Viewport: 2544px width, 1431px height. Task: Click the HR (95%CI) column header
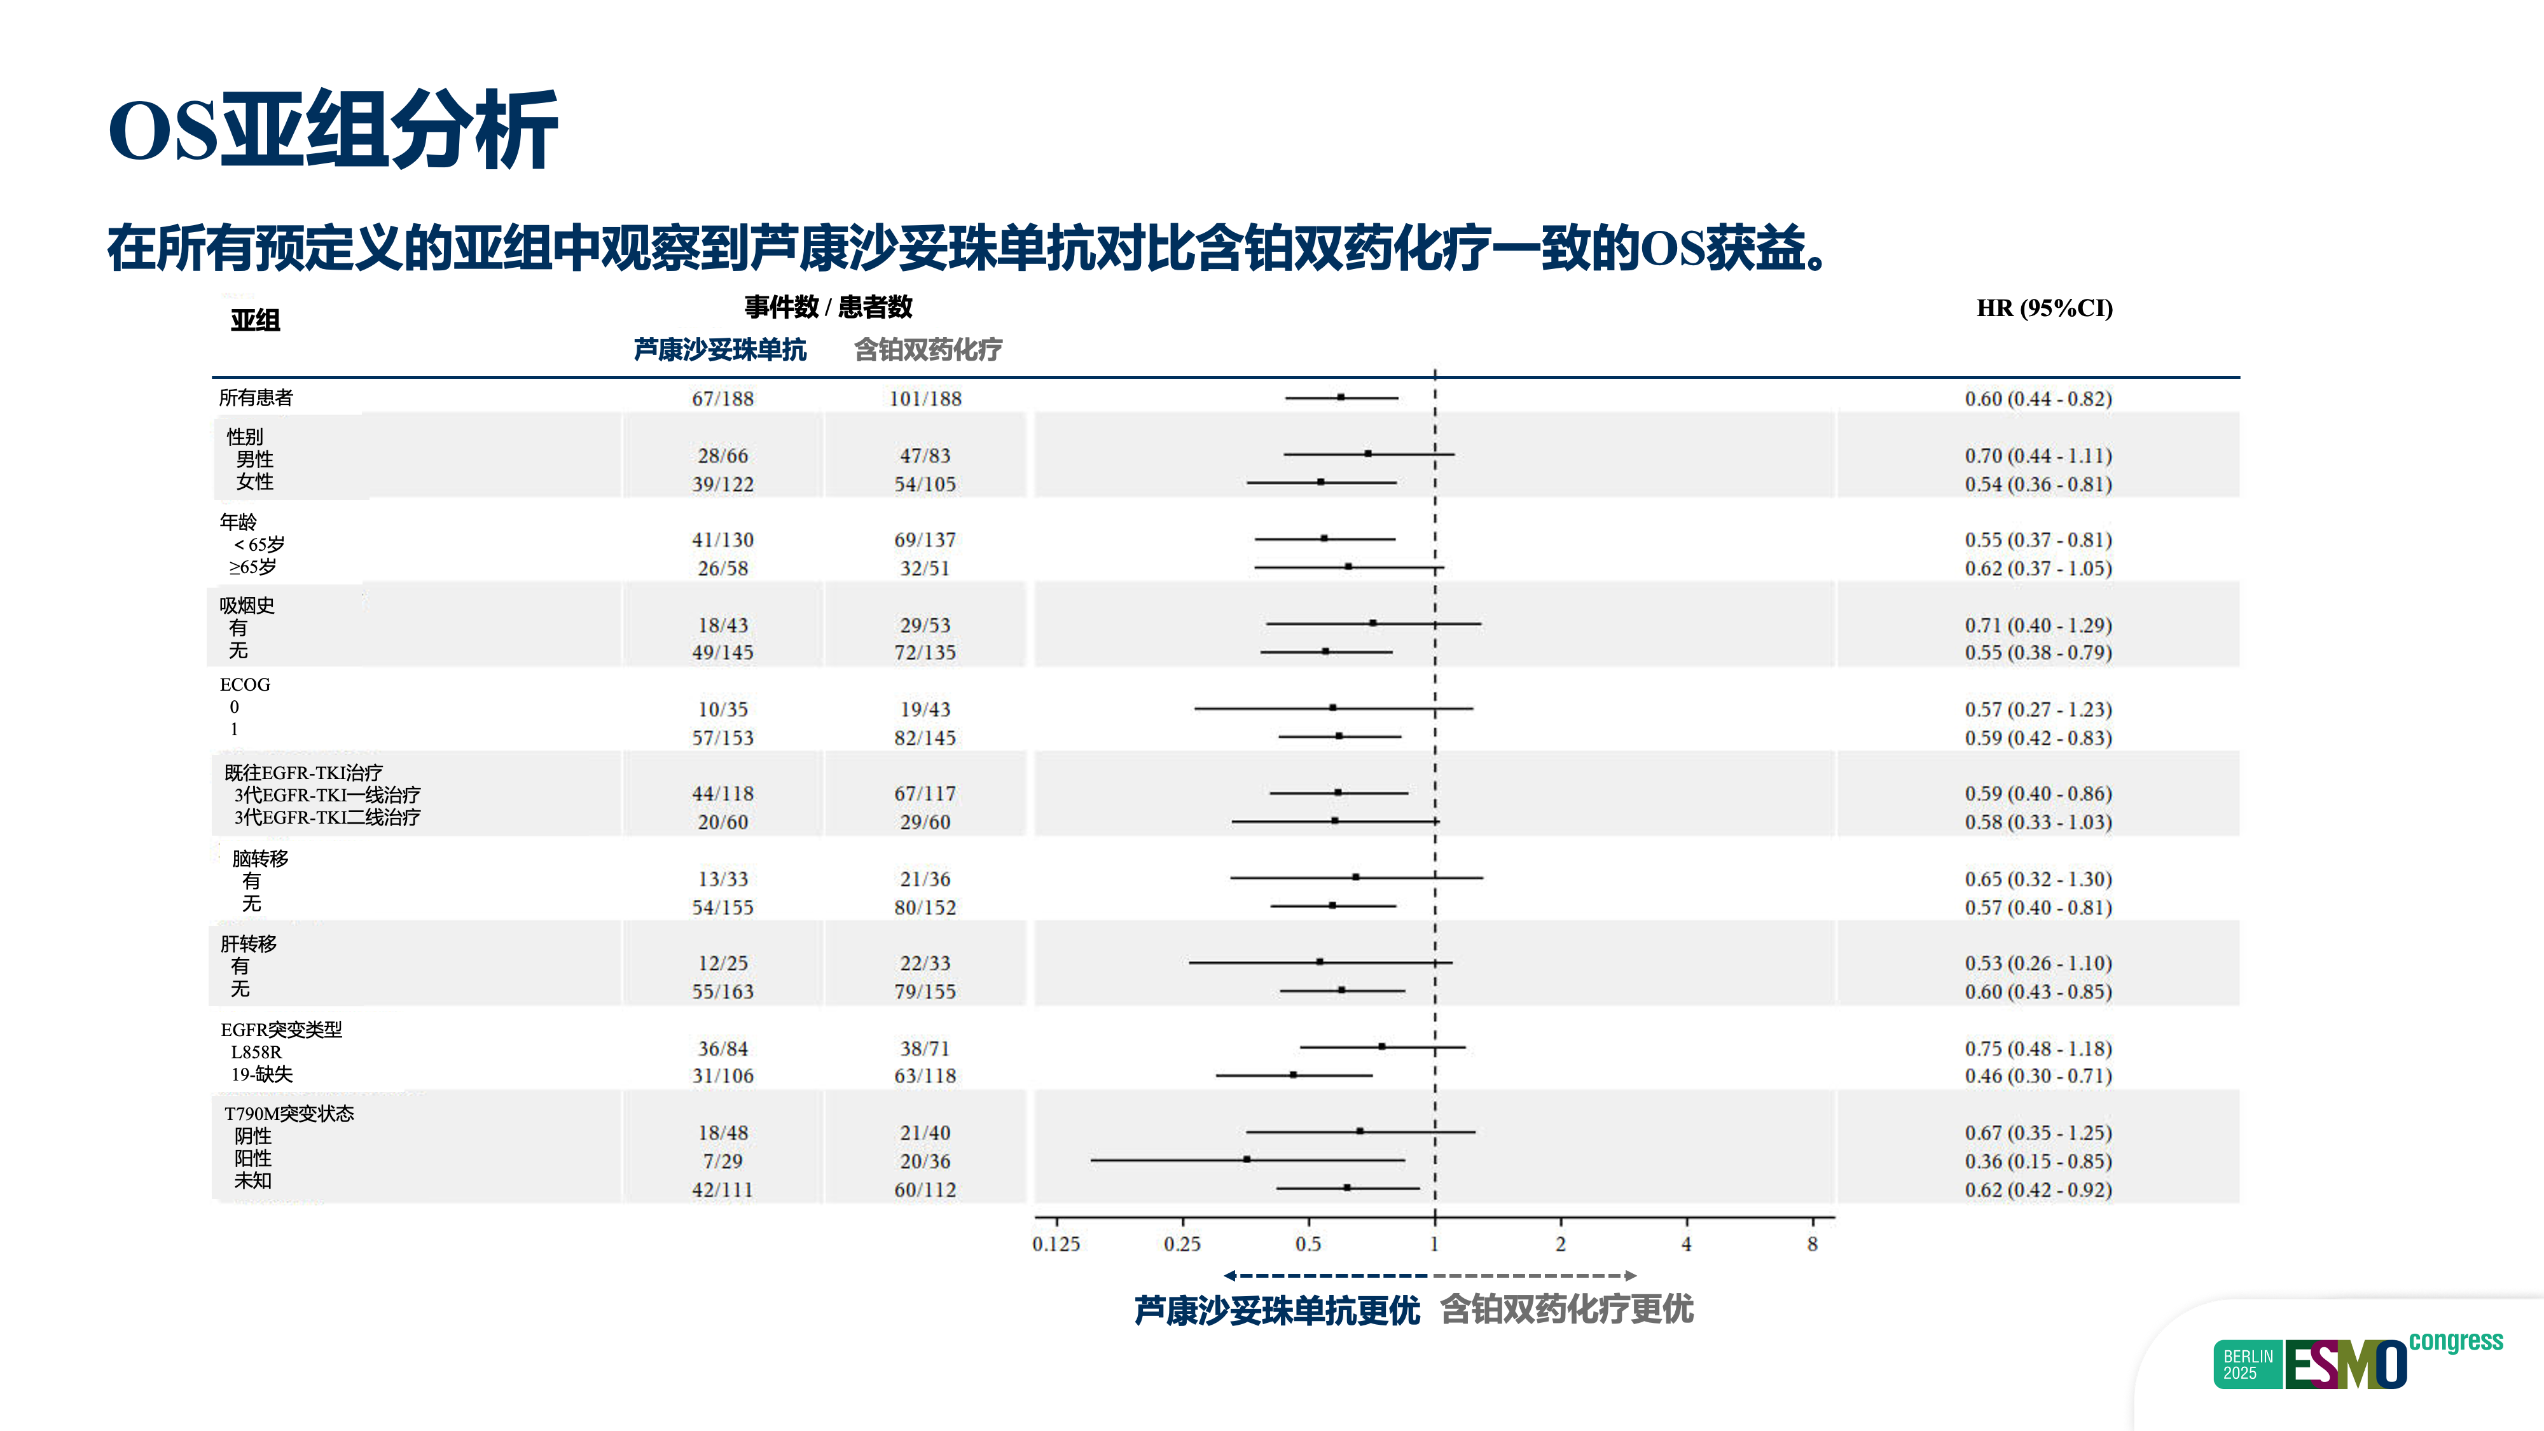point(2043,308)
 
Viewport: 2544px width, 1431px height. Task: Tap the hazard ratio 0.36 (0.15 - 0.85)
point(2037,1161)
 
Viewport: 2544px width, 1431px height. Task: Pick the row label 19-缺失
point(261,1074)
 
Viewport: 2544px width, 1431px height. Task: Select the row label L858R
point(256,1052)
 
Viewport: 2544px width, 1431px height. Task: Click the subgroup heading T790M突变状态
point(288,1113)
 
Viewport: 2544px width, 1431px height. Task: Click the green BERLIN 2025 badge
point(2248,1365)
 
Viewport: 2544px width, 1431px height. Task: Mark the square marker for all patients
point(1340,397)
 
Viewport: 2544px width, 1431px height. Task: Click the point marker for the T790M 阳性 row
point(1247,1159)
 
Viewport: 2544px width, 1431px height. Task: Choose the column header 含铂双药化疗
point(927,350)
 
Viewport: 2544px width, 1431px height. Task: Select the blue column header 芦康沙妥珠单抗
point(720,350)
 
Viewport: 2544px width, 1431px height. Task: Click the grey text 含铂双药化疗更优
point(1566,1310)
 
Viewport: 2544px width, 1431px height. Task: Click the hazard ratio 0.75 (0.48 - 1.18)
point(2037,1049)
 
